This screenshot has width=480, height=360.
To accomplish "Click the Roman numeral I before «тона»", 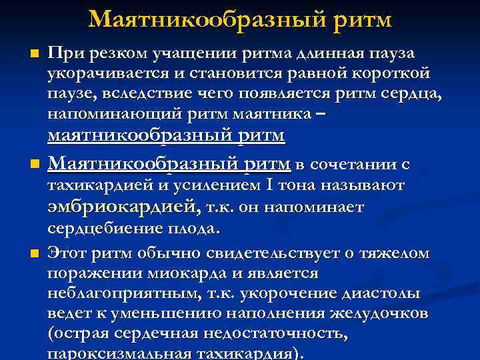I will point(247,185).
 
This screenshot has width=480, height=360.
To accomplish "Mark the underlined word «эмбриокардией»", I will point(123,207).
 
